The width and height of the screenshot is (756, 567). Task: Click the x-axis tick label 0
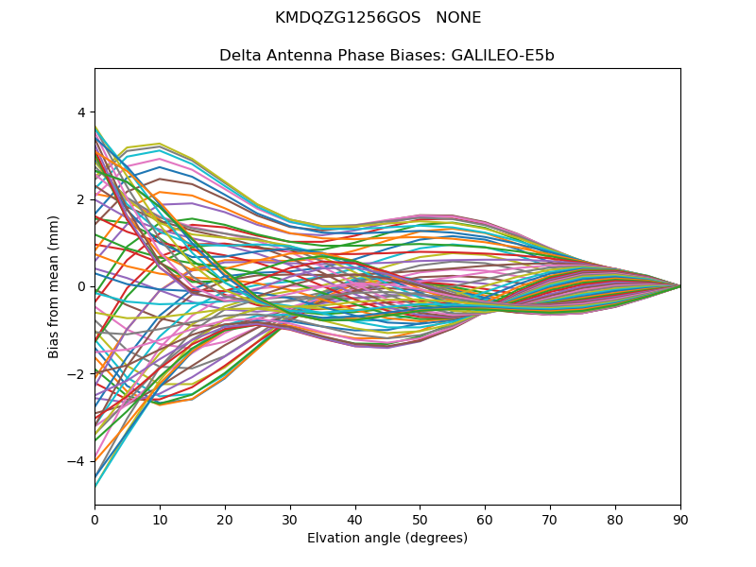(94, 519)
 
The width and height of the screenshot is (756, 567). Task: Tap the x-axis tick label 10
(160, 519)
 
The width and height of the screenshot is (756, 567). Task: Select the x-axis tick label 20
(225, 519)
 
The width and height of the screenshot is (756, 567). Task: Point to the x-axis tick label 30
(290, 519)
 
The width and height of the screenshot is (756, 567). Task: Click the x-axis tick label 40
(355, 519)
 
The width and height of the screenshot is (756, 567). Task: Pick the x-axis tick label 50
(420, 519)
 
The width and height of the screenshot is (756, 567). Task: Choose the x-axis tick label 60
(485, 519)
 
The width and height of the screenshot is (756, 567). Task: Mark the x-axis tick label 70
(550, 519)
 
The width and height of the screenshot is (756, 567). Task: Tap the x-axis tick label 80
(615, 519)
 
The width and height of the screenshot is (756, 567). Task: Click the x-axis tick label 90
(680, 519)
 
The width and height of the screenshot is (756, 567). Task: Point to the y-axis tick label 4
(80, 112)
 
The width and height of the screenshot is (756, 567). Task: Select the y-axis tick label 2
(80, 199)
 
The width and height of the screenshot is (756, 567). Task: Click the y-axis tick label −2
(77, 374)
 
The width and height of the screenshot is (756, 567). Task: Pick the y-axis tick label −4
(77, 461)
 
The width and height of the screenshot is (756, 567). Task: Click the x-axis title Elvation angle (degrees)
(387, 538)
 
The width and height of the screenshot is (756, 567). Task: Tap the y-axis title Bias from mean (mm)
(54, 285)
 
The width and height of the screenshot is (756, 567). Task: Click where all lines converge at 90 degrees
(679, 286)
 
